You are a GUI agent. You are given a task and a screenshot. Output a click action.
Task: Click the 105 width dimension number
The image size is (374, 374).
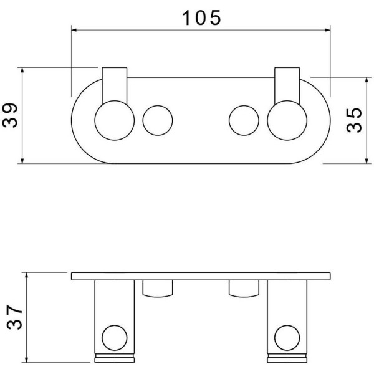click(x=201, y=18)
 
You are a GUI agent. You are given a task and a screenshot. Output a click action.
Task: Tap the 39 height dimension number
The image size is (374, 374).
click(x=10, y=115)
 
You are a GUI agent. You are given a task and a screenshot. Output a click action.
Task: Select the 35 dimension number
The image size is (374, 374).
click(x=354, y=120)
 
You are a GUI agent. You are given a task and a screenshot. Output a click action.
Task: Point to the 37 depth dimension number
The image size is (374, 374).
click(x=14, y=317)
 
